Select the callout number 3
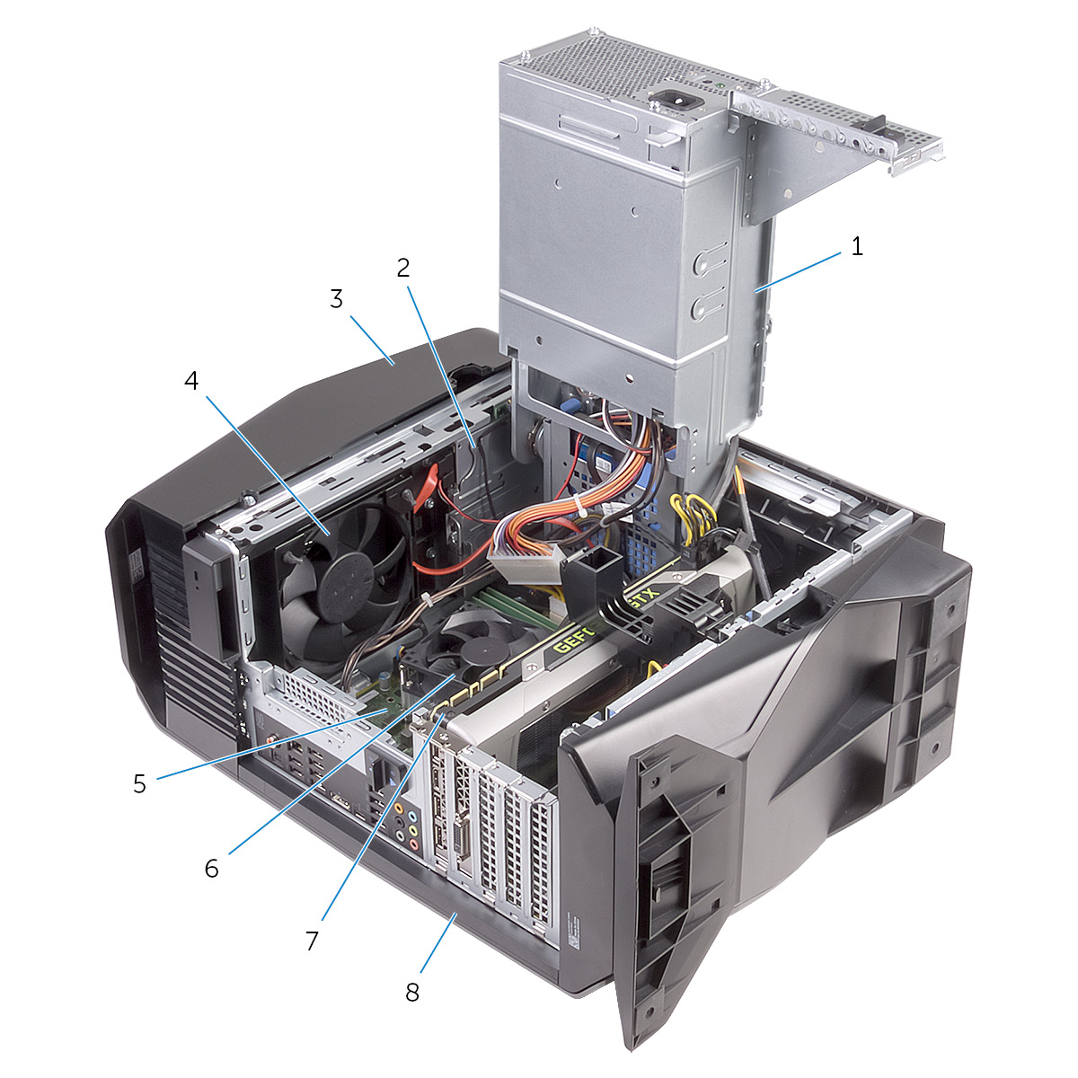pyautogui.click(x=336, y=298)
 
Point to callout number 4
pyautogui.click(x=190, y=381)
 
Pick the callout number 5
pyautogui.click(x=139, y=783)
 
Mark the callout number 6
pyautogui.click(x=211, y=868)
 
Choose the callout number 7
pyautogui.click(x=312, y=941)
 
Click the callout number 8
pyautogui.click(x=412, y=992)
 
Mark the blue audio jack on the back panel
pyautogui.click(x=412, y=817)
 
